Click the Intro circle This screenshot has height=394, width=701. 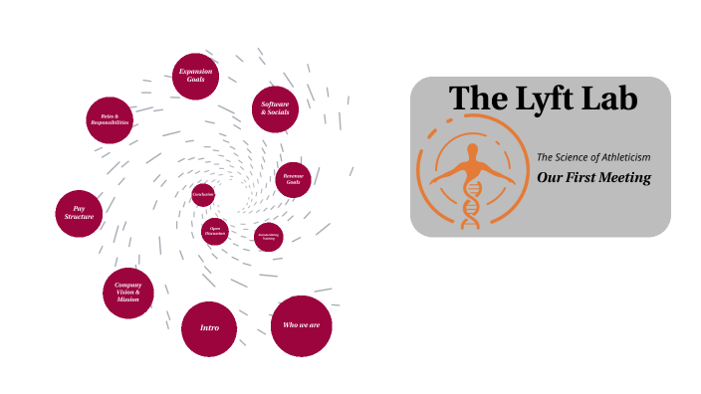coord(209,328)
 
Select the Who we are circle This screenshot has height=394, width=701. coord(301,325)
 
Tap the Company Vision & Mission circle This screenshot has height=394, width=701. coord(127,293)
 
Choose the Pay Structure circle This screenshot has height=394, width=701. coord(79,213)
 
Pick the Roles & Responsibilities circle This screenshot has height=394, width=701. coord(110,120)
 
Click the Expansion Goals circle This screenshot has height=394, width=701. coord(195,77)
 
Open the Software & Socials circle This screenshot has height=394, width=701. coord(275,108)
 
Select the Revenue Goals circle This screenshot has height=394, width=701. coord(294,179)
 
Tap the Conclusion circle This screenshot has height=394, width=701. coord(203,194)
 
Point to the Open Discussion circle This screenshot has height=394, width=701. coord(215,232)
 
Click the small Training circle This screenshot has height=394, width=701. coord(268,237)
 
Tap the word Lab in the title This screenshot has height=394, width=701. coord(609,98)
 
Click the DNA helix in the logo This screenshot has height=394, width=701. coord(471,204)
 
